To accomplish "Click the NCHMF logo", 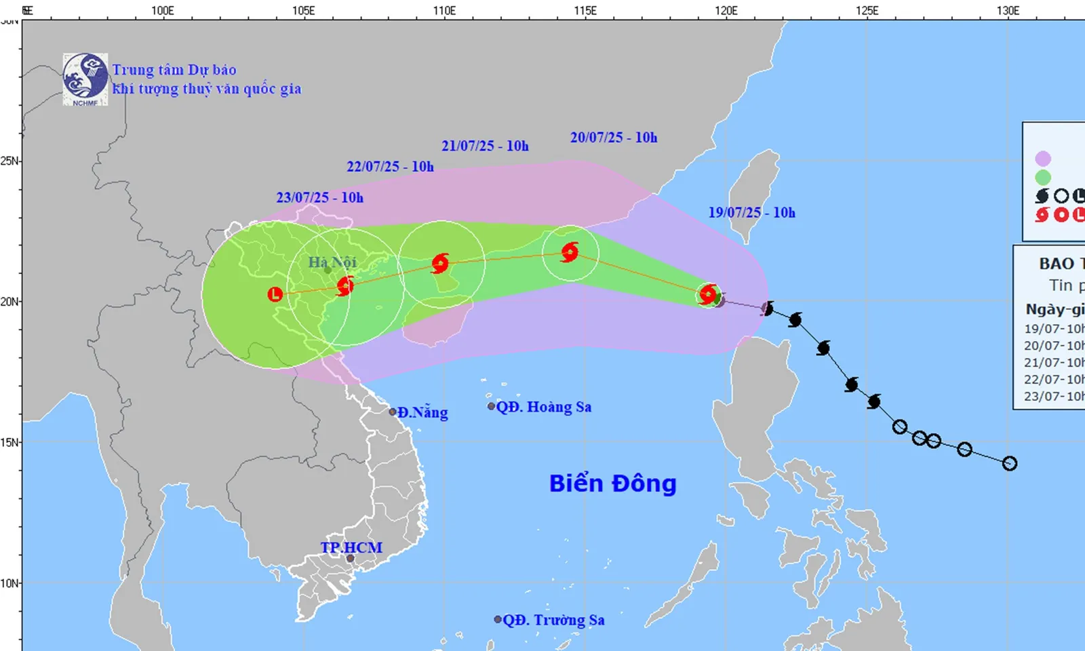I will pyautogui.click(x=85, y=79).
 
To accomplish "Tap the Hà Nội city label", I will pyautogui.click(x=332, y=262).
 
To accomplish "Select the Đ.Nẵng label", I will pyautogui.click(x=422, y=412).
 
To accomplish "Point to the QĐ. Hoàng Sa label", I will pyautogui.click(x=543, y=407).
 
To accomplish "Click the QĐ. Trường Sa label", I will pyautogui.click(x=553, y=620).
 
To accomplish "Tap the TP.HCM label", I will pyautogui.click(x=351, y=547).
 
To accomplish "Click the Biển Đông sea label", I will pyautogui.click(x=612, y=484).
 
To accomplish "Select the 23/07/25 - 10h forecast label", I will pyautogui.click(x=319, y=197).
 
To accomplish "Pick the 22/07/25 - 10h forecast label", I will pyautogui.click(x=390, y=166).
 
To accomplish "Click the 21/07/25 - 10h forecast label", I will pyautogui.click(x=485, y=146).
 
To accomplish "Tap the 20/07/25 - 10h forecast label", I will pyautogui.click(x=614, y=138).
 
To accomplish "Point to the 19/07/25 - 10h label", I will pyautogui.click(x=751, y=212).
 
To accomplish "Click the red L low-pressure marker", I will pyautogui.click(x=275, y=294).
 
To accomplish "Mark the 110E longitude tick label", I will pyautogui.click(x=444, y=10).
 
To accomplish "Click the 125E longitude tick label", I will pyautogui.click(x=867, y=10).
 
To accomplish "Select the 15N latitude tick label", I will pyautogui.click(x=9, y=442).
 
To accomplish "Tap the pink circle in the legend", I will pyautogui.click(x=1043, y=159).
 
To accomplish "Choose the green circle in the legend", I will pyautogui.click(x=1043, y=178).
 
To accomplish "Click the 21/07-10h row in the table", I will pyautogui.click(x=1054, y=362).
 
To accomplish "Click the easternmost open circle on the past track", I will pyautogui.click(x=1009, y=464).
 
